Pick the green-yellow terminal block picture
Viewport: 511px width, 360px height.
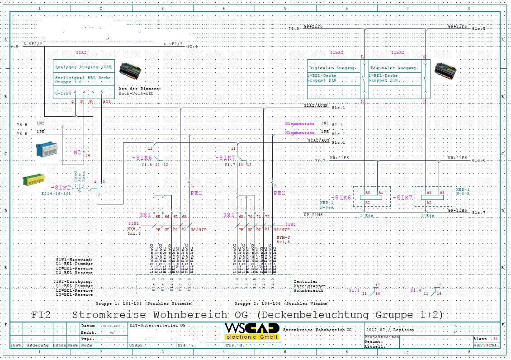[38, 181]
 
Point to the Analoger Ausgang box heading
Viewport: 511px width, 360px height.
[84, 67]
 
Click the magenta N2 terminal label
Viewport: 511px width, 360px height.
[77, 152]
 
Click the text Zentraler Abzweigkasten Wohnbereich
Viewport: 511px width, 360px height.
[309, 286]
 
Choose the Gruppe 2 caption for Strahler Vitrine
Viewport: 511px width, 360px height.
[282, 303]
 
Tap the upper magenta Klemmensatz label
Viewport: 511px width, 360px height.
[299, 124]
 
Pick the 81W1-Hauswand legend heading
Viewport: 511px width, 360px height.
[75, 260]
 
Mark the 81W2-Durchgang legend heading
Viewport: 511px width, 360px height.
[74, 281]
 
